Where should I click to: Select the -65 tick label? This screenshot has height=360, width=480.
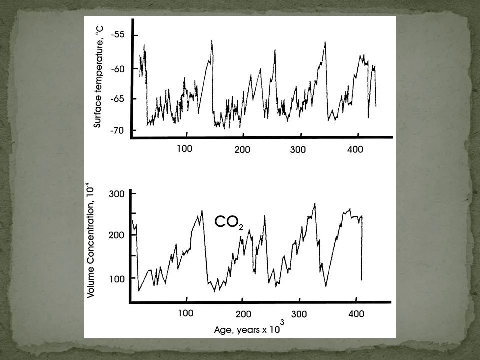pyautogui.click(x=118, y=98)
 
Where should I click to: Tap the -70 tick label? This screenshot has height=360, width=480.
pyautogui.click(x=118, y=130)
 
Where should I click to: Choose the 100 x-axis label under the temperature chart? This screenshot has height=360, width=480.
pyautogui.click(x=184, y=149)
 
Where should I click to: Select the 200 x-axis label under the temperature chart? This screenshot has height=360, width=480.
pyautogui.click(x=242, y=149)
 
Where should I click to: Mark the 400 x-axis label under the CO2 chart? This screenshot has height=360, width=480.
pyautogui.click(x=355, y=314)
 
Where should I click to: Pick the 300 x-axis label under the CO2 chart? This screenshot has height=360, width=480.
pyautogui.click(x=299, y=314)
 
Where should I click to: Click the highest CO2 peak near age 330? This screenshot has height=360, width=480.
pyautogui.click(x=315, y=204)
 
